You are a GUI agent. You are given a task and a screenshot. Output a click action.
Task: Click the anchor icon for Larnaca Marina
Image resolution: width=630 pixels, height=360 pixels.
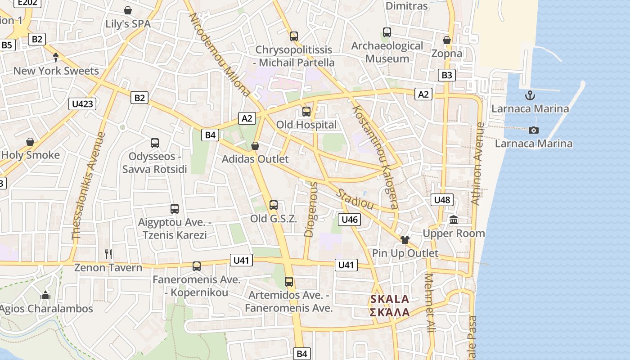click(530, 95)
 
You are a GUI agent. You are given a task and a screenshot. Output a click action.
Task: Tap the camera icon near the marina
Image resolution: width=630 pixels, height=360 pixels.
click(534, 130)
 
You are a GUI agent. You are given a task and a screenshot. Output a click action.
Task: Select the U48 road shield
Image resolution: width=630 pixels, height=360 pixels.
click(442, 200)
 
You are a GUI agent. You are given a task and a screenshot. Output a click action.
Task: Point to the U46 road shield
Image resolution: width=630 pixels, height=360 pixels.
click(349, 220)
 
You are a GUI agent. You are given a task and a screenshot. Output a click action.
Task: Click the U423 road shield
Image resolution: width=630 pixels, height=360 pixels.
click(83, 104)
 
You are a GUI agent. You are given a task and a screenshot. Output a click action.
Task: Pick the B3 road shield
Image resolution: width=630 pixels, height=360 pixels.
click(446, 75)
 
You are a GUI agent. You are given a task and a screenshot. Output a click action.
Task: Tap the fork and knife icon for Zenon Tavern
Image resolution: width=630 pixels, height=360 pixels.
click(108, 254)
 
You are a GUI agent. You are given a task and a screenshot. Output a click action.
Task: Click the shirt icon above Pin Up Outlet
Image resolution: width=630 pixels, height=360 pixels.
click(405, 240)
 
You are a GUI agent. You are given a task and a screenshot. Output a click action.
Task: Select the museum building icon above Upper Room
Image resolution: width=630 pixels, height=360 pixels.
click(454, 220)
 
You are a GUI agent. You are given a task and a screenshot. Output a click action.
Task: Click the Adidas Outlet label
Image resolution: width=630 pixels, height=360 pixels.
click(255, 159)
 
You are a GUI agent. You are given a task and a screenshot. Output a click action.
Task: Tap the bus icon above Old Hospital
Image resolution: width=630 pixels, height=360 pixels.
click(306, 111)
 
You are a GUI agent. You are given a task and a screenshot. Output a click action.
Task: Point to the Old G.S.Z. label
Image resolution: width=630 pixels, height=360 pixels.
click(274, 219)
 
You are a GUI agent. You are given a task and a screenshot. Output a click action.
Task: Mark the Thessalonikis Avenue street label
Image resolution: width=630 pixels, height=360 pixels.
click(88, 185)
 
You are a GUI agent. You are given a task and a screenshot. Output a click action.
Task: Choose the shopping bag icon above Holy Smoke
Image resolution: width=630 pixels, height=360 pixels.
click(30, 142)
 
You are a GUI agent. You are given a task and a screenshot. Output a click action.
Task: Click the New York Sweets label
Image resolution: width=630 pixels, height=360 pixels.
click(56, 71)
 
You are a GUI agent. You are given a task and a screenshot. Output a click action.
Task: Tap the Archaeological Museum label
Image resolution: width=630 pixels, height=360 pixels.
click(387, 52)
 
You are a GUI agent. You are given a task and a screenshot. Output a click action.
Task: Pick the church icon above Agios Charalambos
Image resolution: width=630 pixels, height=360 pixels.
click(45, 296)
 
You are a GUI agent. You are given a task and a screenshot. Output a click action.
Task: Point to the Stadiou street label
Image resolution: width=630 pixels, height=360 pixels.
click(355, 198)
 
